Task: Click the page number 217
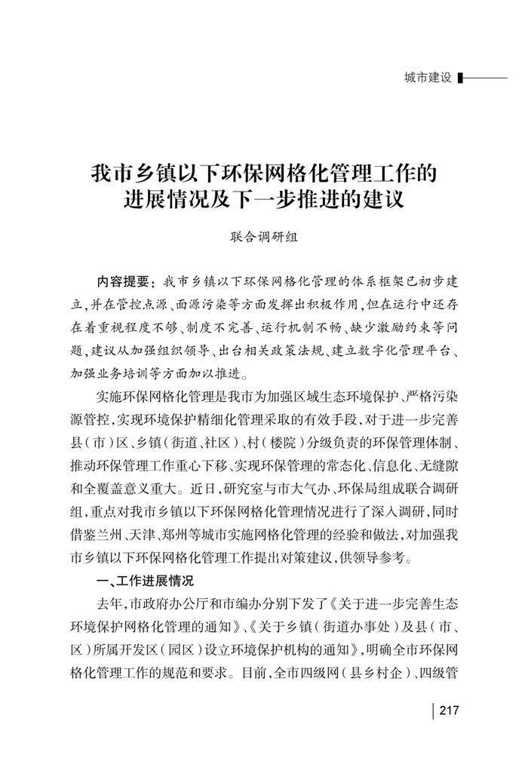tap(448, 710)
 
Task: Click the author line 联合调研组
tap(263, 237)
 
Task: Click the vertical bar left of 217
tap(432, 710)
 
